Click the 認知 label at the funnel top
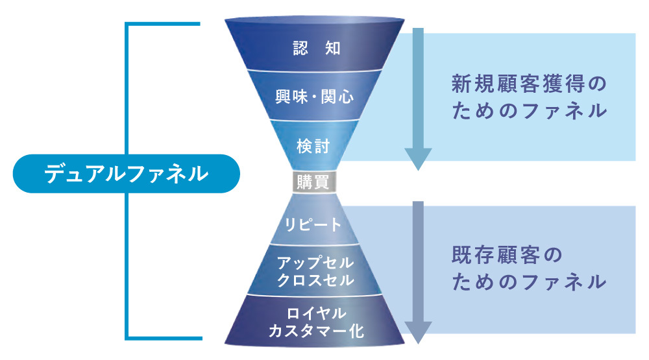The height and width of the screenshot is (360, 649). coord(316,49)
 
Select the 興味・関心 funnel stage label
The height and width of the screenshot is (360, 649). coord(316,98)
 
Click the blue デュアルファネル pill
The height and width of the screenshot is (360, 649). coord(126,174)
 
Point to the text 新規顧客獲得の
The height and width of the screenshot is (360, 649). coord(529,84)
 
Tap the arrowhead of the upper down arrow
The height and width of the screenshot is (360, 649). coord(418,158)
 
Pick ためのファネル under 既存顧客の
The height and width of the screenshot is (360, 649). coord(529,283)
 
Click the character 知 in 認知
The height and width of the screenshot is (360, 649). coord(332,49)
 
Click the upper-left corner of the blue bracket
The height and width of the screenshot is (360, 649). coord(127,25)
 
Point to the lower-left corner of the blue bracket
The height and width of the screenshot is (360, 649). coord(127,337)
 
